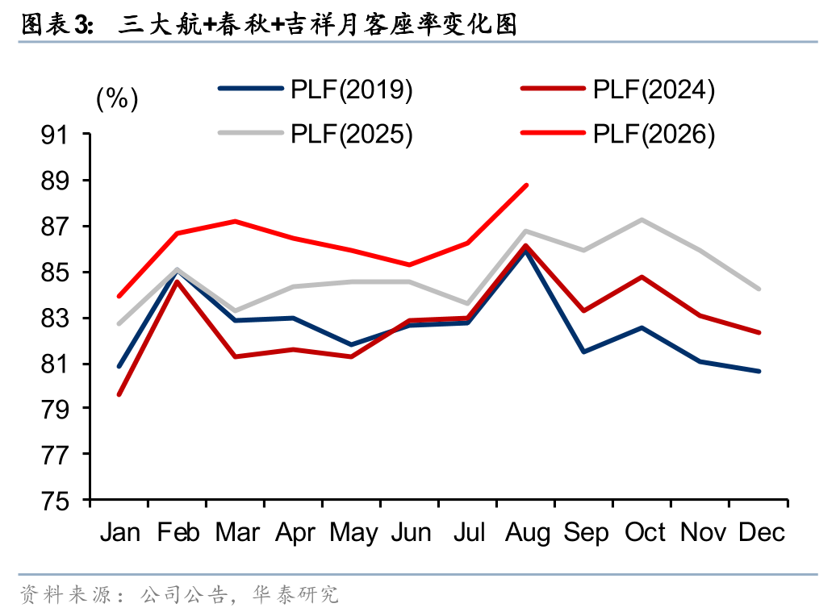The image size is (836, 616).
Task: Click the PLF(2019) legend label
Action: pyautogui.click(x=351, y=89)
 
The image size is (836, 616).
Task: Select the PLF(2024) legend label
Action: pyautogui.click(x=654, y=89)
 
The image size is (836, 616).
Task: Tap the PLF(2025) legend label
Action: pyautogui.click(x=351, y=134)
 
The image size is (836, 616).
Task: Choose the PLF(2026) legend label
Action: pyautogui.click(x=654, y=134)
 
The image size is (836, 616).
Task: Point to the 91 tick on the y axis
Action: pyautogui.click(x=55, y=135)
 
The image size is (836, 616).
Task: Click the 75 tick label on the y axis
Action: pyautogui.click(x=55, y=501)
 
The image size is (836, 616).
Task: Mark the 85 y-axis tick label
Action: pyautogui.click(x=55, y=273)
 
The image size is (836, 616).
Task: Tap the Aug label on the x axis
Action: pyautogui.click(x=527, y=533)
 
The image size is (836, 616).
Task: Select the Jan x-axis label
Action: pyautogui.click(x=120, y=532)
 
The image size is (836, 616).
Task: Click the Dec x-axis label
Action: pyautogui.click(x=762, y=532)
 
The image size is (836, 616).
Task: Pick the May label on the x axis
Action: pyautogui.click(x=353, y=533)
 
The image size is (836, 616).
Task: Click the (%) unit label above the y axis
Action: pyautogui.click(x=117, y=98)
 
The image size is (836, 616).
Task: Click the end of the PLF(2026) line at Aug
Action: pyautogui.click(x=527, y=185)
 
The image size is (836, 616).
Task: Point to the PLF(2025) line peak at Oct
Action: pyautogui.click(x=642, y=219)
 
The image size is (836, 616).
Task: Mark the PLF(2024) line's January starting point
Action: pyautogui.click(x=119, y=394)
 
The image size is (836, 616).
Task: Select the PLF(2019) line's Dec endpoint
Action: pyautogui.click(x=759, y=371)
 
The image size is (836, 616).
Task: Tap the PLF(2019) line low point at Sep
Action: pyautogui.click(x=583, y=352)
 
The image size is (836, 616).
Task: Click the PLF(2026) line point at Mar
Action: pyautogui.click(x=235, y=221)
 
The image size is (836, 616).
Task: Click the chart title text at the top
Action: pyautogui.click(x=270, y=24)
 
